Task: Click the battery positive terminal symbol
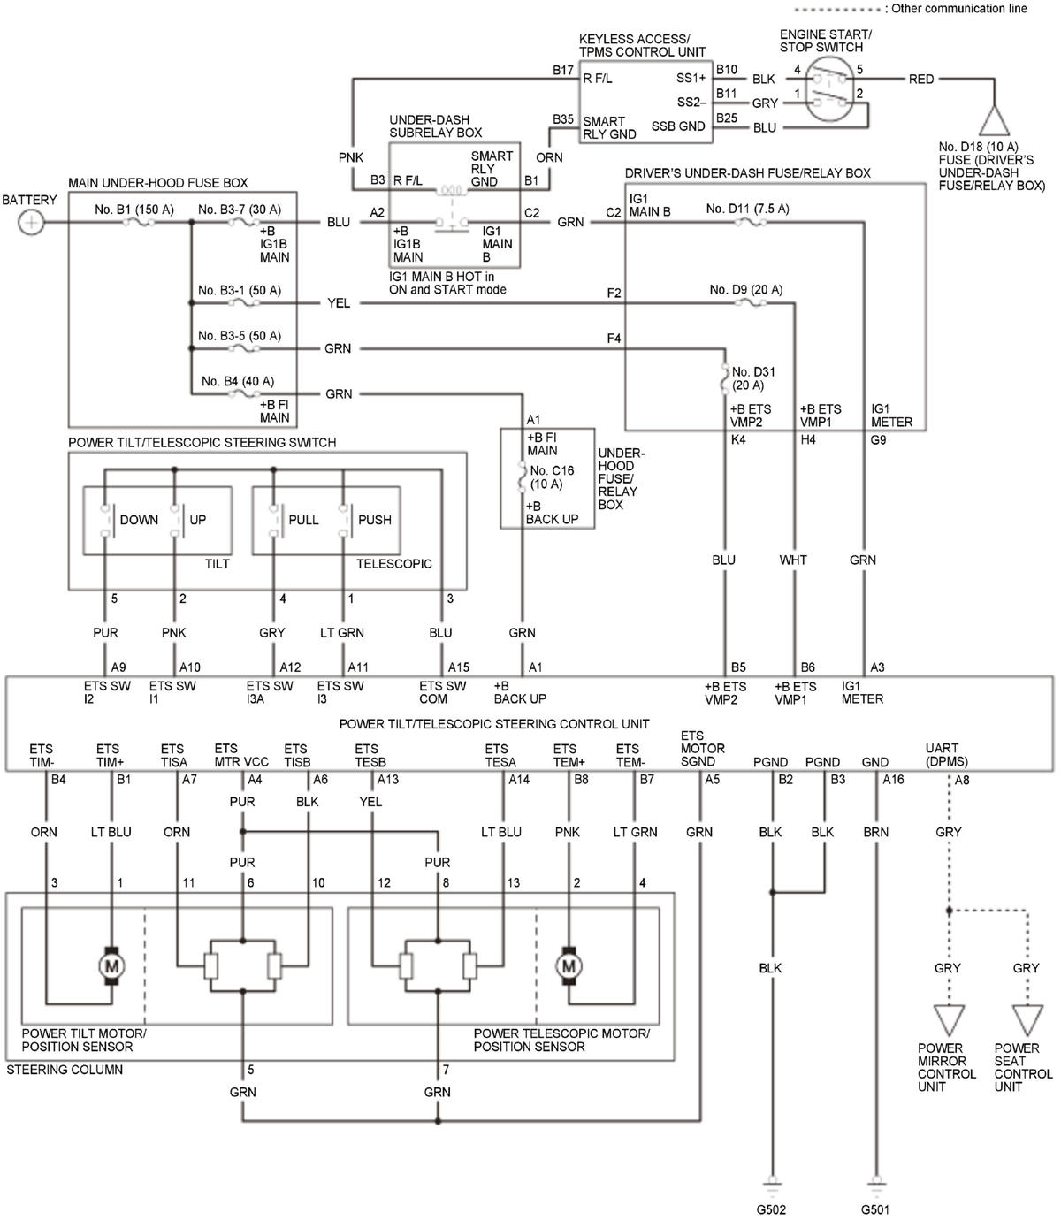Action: coord(31,223)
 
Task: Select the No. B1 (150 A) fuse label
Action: coord(134,210)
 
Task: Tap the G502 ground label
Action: coord(771,1209)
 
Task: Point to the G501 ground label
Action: coord(875,1209)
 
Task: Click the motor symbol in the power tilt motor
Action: coord(111,965)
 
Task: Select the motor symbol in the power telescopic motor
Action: coord(569,965)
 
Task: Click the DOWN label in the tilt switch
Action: coord(139,519)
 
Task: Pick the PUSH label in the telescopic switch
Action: coord(375,519)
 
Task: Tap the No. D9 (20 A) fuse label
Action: coord(746,290)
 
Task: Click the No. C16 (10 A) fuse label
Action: coord(552,477)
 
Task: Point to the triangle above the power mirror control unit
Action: coord(949,1020)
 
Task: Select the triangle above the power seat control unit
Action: coord(1027,1020)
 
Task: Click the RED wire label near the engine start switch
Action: coord(920,80)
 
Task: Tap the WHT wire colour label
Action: coord(792,560)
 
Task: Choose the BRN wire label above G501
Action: coord(875,832)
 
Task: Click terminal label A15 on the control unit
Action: coord(459,667)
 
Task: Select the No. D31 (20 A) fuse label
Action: coord(753,378)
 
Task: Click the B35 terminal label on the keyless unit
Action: coord(562,119)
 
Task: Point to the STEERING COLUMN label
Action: coord(65,1070)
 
